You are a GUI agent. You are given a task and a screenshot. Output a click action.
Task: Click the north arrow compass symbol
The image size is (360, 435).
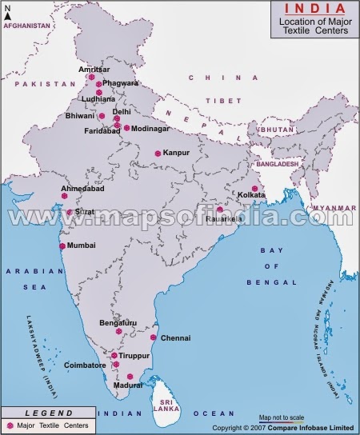tap(8, 12)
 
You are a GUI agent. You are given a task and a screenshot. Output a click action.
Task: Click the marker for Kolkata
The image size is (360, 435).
tap(254, 189)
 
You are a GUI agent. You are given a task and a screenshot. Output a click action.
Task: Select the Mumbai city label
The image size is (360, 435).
tap(81, 245)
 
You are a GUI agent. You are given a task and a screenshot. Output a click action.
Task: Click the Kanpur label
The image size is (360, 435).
tap(175, 153)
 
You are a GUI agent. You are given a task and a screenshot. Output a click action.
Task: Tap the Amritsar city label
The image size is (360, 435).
tap(94, 70)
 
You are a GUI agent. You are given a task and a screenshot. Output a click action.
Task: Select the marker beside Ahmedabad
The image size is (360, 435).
tap(64, 194)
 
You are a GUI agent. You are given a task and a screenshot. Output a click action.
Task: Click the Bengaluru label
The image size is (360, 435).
tap(118, 322)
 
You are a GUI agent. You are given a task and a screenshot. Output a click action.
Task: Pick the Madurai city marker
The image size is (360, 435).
tap(130, 376)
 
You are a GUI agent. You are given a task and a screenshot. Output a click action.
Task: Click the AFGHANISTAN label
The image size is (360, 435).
tap(26, 26)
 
